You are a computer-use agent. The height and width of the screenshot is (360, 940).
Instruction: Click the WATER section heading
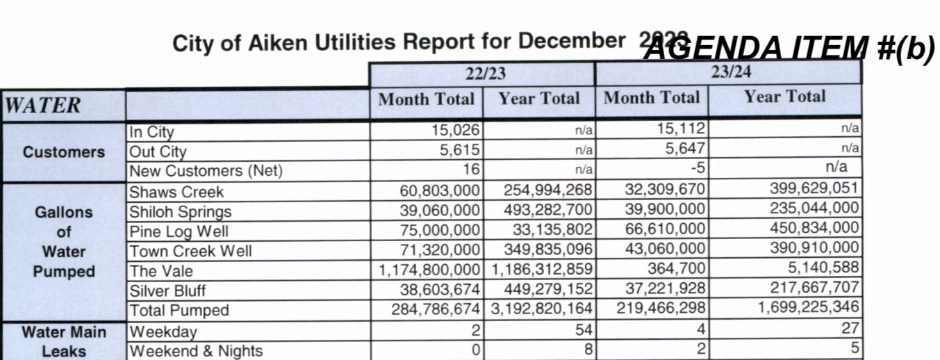tap(43, 106)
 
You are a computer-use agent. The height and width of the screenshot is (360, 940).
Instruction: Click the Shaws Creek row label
tap(176, 192)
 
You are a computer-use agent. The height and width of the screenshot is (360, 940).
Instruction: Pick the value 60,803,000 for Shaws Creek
tap(439, 190)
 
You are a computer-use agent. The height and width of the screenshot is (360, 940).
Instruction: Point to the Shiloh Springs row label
tap(180, 211)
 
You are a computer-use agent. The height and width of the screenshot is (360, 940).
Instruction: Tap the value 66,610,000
tap(662, 229)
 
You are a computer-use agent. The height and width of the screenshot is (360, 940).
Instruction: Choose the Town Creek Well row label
tap(190, 251)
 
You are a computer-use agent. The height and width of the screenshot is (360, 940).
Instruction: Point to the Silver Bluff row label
tap(167, 291)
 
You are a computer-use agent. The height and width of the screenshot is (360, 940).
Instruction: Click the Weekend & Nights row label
tap(197, 351)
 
